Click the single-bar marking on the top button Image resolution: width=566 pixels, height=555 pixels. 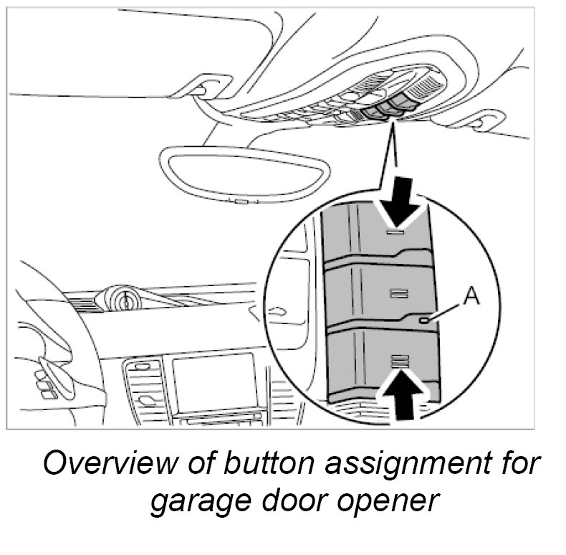pyautogui.click(x=396, y=232)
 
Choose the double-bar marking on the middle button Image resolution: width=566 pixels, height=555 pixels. pyautogui.click(x=398, y=292)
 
